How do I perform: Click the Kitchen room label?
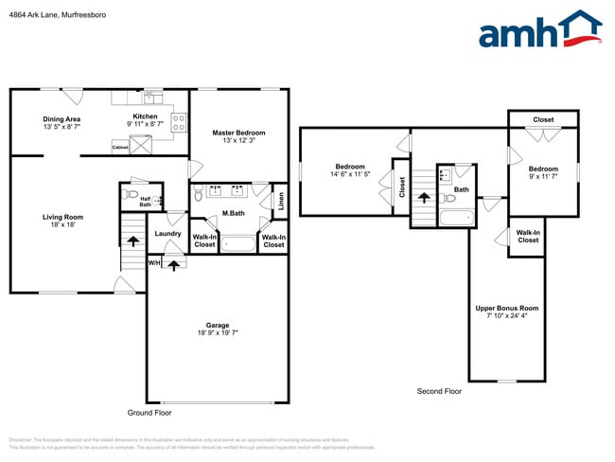[145, 116]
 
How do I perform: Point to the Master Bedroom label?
[238, 133]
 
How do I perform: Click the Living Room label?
[62, 217]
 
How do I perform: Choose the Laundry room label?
[167, 233]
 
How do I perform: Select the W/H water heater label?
[153, 262]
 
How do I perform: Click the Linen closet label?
[281, 201]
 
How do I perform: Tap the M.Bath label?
[234, 213]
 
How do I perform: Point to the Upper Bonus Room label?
[506, 309]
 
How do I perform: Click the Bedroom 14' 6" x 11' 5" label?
[349, 169]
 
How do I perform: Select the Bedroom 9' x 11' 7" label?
[543, 169]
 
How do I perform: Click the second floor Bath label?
[461, 189]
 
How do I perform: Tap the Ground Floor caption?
[149, 413]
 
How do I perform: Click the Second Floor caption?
[439, 391]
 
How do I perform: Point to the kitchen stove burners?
[177, 120]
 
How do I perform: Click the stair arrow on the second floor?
[424, 198]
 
